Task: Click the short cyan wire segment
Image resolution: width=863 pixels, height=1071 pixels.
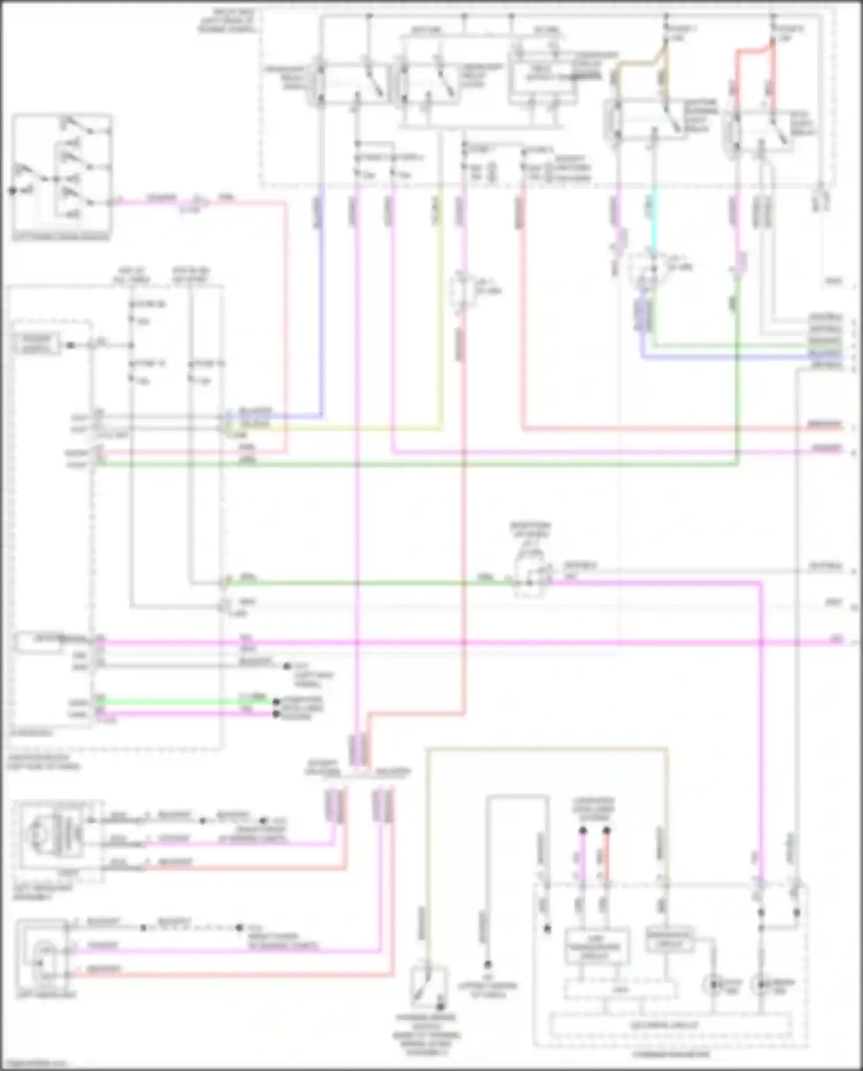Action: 653,219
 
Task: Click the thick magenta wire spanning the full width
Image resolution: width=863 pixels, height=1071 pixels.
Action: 460,641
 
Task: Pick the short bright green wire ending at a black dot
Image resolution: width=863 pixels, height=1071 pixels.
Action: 184,702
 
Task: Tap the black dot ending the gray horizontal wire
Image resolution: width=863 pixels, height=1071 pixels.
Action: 287,666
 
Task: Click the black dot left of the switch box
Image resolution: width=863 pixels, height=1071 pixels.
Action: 12,190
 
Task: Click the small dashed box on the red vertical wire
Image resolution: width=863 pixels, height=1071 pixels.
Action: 461,291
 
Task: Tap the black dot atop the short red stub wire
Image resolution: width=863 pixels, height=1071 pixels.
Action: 606,830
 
